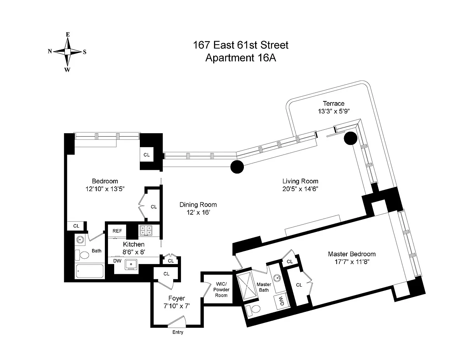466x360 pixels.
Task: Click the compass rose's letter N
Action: point(50,51)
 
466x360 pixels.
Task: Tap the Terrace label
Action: point(334,104)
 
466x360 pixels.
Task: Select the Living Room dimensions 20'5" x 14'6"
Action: point(300,189)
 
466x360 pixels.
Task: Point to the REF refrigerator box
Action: point(117,231)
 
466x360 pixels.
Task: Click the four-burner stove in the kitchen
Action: point(146,231)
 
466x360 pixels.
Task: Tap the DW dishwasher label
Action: point(117,261)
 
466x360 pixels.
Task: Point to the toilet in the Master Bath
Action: point(253,310)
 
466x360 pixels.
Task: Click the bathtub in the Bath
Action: point(90,271)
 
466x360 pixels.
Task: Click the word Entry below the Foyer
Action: point(178,332)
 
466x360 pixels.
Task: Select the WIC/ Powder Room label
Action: point(221,290)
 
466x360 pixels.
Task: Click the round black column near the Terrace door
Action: point(350,138)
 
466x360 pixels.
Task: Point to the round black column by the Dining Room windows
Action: point(237,167)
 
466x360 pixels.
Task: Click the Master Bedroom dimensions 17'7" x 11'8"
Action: point(352,262)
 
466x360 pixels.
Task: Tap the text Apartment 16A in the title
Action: point(241,58)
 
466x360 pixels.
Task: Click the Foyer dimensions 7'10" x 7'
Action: point(176,306)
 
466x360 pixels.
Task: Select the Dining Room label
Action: point(198,205)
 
